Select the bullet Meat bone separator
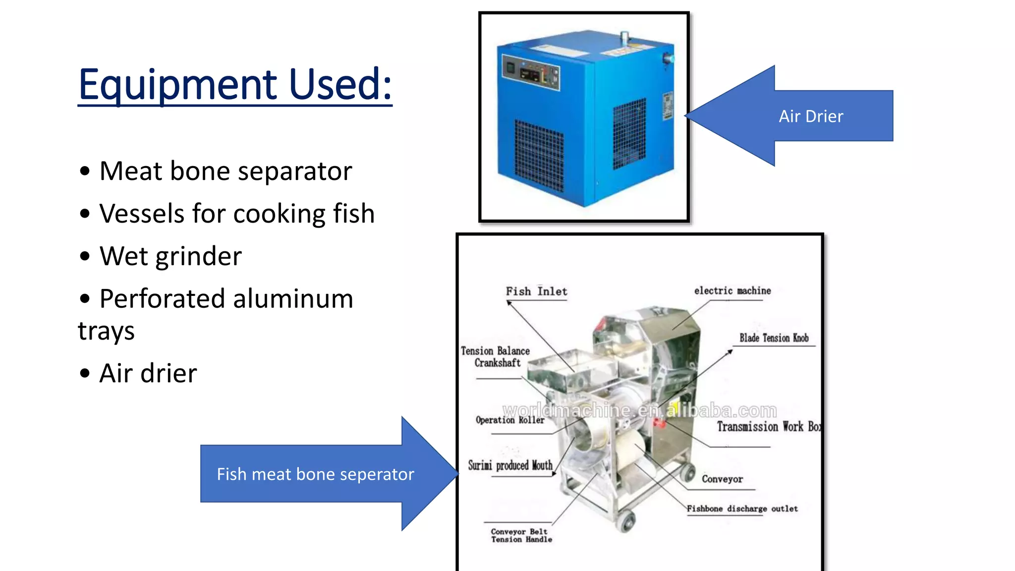[226, 171]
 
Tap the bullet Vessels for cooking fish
[237, 214]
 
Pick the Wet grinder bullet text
[170, 256]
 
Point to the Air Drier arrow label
[811, 116]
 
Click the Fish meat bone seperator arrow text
[315, 474]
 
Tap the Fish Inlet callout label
[536, 291]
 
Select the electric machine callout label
[732, 291]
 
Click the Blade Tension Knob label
[774, 338]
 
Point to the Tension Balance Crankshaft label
[496, 357]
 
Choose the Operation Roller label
[510, 420]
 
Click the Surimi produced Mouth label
[510, 465]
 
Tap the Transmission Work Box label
[768, 427]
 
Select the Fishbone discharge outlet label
[742, 509]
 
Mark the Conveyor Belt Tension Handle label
[521, 535]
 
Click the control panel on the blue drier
[531, 73]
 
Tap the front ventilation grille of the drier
[539, 155]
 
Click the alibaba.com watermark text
[639, 411]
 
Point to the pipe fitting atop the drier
[624, 38]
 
